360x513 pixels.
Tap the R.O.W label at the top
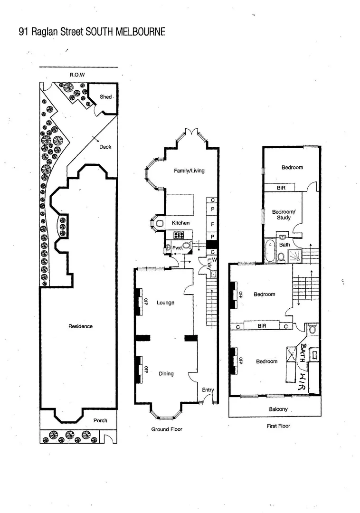click(77, 75)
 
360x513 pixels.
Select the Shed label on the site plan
click(105, 97)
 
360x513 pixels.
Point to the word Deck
click(105, 147)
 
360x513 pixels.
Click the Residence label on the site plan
click(80, 326)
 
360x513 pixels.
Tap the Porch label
click(100, 420)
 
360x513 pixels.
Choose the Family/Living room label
click(189, 171)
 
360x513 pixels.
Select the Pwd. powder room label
click(177, 247)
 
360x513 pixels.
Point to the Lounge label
click(165, 303)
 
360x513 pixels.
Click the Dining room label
click(166, 373)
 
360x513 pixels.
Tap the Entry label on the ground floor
click(208, 390)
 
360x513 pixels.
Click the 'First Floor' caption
click(278, 426)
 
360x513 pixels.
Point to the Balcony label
click(276, 409)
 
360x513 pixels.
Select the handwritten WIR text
click(301, 381)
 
